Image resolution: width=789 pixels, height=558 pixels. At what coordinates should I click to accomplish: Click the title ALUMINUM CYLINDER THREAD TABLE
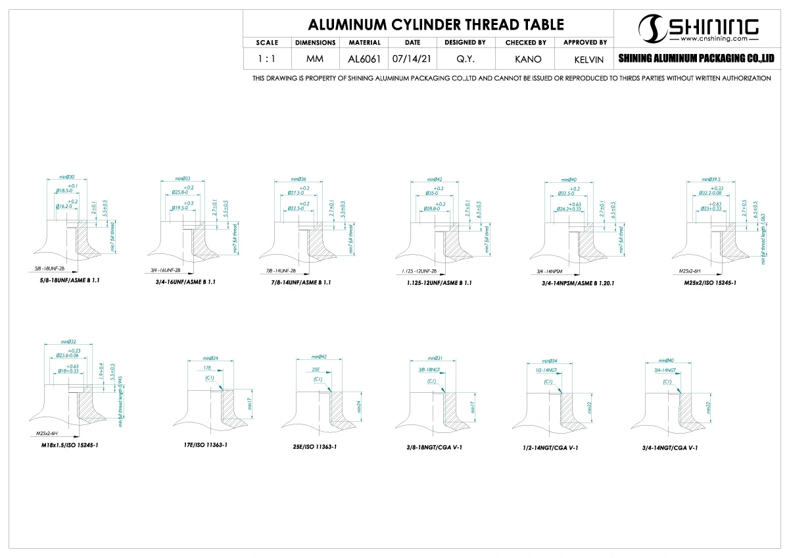(x=436, y=25)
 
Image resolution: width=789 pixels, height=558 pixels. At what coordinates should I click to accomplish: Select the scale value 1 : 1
(x=267, y=59)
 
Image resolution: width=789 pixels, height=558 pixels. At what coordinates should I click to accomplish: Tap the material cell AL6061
(x=364, y=59)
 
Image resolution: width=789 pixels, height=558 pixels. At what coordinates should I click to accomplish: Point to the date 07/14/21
(x=412, y=59)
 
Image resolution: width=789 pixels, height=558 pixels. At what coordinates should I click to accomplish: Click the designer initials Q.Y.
(x=466, y=59)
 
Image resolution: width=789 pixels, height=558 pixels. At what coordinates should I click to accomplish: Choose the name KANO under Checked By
(x=525, y=59)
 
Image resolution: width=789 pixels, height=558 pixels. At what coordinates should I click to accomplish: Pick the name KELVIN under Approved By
(x=585, y=59)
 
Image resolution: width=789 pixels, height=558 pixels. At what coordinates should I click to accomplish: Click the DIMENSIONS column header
(x=316, y=43)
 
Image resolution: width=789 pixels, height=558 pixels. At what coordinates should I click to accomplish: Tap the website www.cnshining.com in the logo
(x=712, y=39)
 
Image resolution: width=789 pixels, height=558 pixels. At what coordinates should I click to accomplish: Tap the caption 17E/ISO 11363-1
(x=205, y=445)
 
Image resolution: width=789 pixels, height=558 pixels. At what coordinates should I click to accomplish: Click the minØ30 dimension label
(x=67, y=177)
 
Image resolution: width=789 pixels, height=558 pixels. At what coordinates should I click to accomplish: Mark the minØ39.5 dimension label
(x=711, y=179)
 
